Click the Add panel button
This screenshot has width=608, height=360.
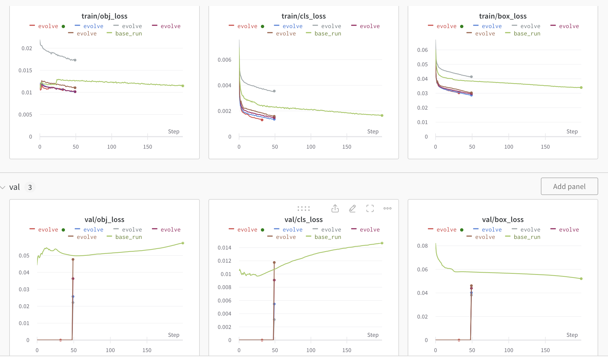pos(569,187)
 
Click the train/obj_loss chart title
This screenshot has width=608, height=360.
pos(104,16)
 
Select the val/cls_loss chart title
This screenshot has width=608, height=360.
pos(303,220)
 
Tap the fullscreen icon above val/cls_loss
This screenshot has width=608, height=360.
pos(370,208)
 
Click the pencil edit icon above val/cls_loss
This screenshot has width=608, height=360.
pos(352,208)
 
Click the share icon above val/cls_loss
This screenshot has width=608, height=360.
pos(335,208)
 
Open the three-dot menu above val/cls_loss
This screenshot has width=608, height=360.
pos(387,208)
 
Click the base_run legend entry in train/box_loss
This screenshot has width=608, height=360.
pos(527,34)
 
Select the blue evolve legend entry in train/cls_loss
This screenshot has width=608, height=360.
pos(292,26)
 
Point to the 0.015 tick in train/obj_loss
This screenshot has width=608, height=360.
pos(25,70)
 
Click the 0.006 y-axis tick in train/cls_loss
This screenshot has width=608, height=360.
pos(224,60)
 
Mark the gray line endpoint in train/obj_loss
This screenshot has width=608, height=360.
pos(75,60)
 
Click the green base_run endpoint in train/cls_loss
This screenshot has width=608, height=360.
pos(382,115)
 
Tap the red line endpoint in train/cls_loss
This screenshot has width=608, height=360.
pos(262,120)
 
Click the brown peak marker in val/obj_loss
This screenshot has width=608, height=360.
pos(73,259)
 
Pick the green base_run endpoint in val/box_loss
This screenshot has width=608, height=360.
pos(581,278)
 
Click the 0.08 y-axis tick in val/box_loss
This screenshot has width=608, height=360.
pos(422,246)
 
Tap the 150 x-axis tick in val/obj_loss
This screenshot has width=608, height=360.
pos(147,350)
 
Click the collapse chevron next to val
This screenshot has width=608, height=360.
pos(3,187)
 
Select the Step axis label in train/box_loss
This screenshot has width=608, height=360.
pos(572,131)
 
